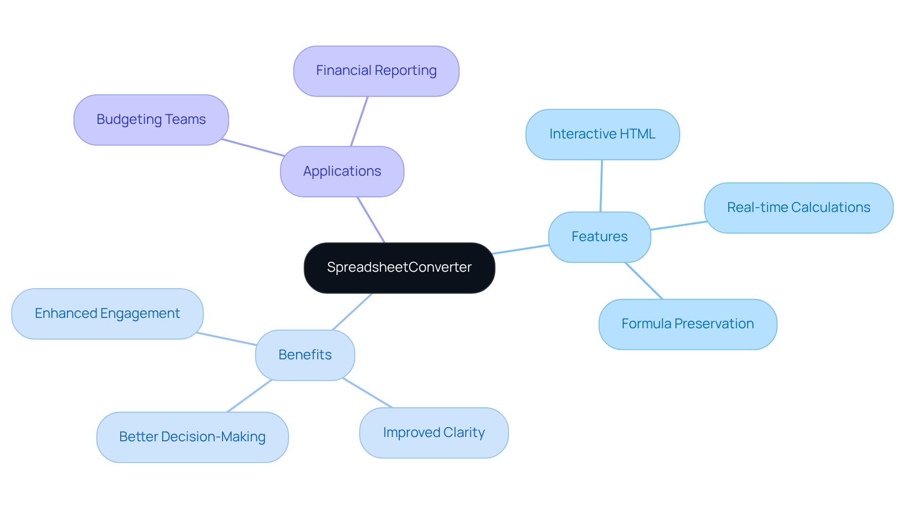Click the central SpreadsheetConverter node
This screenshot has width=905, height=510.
[399, 268]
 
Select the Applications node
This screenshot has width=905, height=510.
[342, 171]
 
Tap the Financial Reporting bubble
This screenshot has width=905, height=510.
[376, 71]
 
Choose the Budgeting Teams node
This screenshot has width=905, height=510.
[151, 120]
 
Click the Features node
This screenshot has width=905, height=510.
[599, 237]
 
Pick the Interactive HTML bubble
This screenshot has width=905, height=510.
[602, 135]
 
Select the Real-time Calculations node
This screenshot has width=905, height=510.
[798, 208]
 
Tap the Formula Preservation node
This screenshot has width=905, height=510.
[687, 324]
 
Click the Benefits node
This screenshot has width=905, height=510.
[304, 355]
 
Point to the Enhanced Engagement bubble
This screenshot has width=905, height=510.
[107, 314]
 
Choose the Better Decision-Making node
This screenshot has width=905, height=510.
[192, 437]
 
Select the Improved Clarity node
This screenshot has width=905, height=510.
[433, 433]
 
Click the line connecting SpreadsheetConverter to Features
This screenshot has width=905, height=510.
[521, 250]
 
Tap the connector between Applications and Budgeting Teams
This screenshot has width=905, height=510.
[253, 147]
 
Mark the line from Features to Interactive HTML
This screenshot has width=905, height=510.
[601, 186]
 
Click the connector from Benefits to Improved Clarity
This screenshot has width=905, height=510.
[368, 393]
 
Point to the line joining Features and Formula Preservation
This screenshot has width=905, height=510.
[644, 281]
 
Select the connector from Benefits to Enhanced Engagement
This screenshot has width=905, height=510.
[226, 339]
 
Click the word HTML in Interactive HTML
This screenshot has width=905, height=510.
[637, 134]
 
